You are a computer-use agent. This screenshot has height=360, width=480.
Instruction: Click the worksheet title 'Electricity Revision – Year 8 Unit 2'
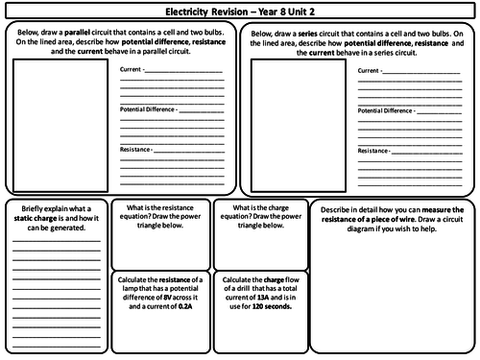[x=240, y=12]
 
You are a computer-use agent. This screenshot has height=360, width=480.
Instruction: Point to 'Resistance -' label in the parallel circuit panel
[x=138, y=150]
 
